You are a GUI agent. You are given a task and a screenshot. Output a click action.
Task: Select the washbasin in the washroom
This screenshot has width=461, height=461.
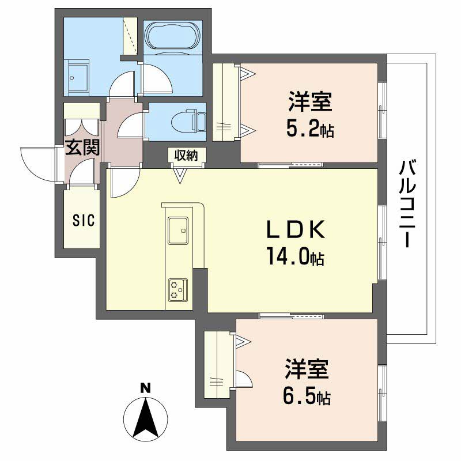point(77,77)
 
